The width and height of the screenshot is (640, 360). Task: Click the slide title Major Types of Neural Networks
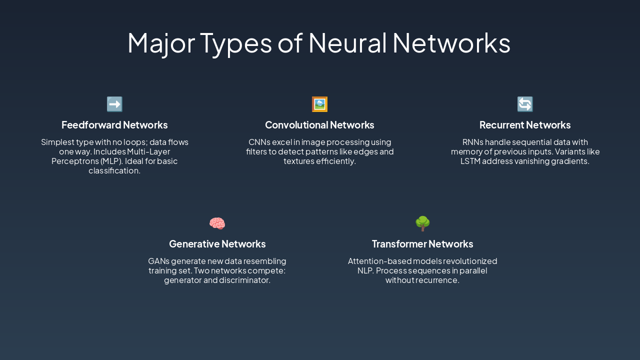coord(319,43)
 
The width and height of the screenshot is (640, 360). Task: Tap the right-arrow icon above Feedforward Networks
coord(114,104)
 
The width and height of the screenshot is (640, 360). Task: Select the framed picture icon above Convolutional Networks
coord(319,104)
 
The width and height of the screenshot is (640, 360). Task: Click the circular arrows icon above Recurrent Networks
coord(525,104)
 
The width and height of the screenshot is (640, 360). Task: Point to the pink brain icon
coord(217,223)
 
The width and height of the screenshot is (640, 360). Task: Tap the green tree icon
coord(422,223)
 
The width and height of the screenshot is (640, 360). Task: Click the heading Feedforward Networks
coord(114,125)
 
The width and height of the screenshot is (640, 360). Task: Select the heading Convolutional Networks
coord(319,125)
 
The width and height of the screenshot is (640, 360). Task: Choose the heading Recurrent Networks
coord(525,125)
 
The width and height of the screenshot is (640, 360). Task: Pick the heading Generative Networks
coord(217,244)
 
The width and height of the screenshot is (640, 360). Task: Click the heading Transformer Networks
coord(422,244)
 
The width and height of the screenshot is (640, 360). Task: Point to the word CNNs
coord(259,142)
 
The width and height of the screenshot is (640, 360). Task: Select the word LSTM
coord(470,161)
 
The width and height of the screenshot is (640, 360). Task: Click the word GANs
coord(158,261)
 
